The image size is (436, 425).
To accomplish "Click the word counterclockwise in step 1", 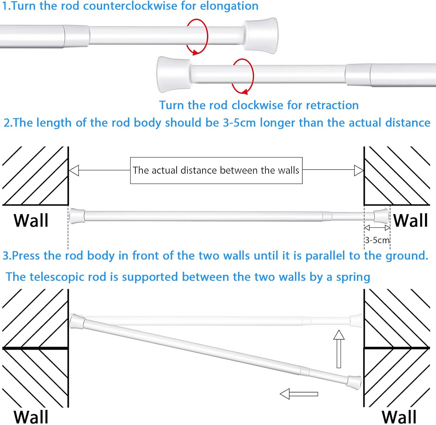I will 130,6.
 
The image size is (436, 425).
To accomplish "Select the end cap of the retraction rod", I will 173,74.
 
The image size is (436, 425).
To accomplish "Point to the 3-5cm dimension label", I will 377,240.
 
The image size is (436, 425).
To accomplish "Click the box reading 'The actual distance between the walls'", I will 216,171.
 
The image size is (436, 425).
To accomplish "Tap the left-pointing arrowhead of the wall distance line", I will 74,171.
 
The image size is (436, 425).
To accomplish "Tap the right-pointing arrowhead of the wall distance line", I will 359,171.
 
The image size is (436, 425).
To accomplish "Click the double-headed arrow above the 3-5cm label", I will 377,228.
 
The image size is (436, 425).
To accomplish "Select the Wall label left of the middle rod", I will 31,220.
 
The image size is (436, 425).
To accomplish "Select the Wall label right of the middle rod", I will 410,220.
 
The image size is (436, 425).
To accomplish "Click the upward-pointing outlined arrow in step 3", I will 339,349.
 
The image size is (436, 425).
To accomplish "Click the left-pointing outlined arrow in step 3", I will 299,394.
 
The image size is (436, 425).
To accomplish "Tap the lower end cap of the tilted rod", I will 354,382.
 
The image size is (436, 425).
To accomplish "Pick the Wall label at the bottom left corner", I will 31,417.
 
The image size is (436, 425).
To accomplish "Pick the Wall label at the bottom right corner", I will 399,417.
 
